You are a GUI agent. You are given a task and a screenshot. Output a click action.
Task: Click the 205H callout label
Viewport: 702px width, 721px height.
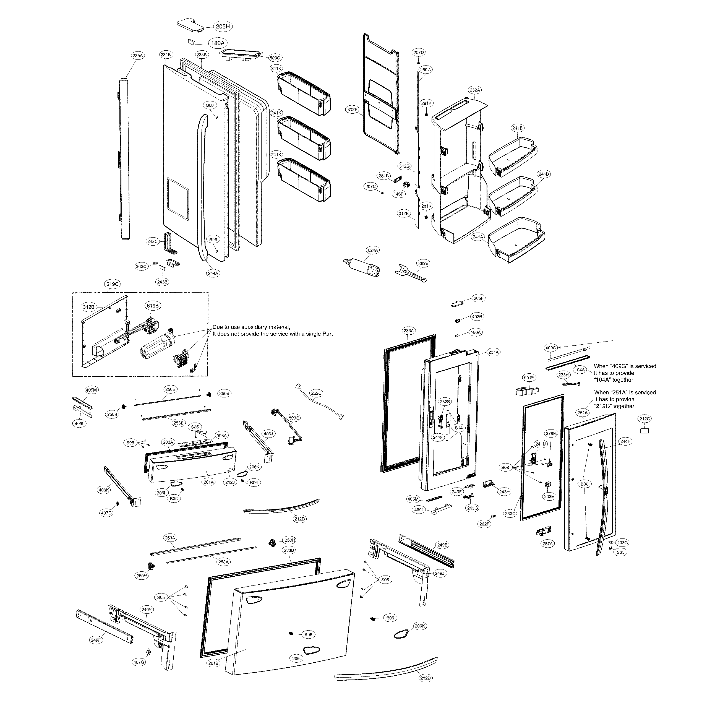point(223,27)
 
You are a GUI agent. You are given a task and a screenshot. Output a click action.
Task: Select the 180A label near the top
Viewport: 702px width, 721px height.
point(218,43)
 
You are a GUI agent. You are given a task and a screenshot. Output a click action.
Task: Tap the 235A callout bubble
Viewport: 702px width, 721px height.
point(137,56)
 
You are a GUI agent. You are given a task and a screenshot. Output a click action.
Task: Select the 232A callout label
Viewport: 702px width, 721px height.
point(474,90)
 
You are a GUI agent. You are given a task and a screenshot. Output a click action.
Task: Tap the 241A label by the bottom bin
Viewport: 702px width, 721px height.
point(477,237)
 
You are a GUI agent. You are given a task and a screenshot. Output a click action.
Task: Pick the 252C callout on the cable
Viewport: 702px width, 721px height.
point(316,393)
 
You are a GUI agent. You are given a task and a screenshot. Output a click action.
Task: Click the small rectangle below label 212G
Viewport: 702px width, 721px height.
point(644,430)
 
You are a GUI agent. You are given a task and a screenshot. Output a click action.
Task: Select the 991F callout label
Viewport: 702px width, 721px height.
point(529,378)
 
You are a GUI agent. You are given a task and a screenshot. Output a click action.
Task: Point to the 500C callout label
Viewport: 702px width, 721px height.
point(275,58)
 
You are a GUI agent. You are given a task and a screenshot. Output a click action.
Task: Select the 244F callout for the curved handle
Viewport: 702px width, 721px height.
point(625,441)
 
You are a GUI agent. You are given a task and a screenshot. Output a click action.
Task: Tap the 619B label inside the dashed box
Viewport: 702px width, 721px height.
point(153,306)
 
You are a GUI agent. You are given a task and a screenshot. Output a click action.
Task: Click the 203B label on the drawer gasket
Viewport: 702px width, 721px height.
point(289,550)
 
